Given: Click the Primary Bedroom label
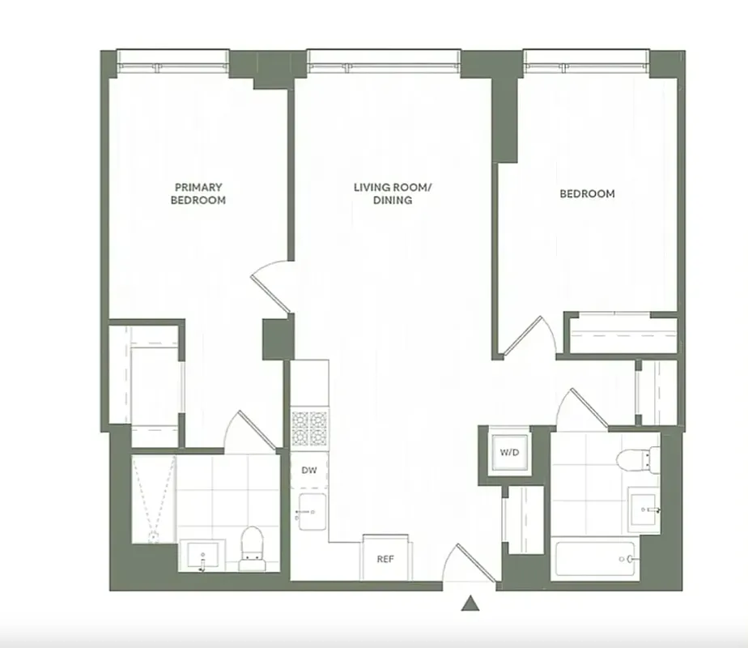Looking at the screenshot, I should coord(198,193).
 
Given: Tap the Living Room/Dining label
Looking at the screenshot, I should coord(393,194).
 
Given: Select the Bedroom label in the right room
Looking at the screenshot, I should coord(587,194).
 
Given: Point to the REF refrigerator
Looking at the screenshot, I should coord(385,558).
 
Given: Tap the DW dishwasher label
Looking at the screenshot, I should coord(308,470).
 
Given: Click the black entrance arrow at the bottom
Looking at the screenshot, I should coord(470,603).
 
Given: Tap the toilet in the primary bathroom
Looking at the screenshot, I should coord(253,547).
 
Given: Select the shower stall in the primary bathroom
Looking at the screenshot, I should coord(152,497).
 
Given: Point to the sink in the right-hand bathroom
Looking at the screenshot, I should coord(645,509).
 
